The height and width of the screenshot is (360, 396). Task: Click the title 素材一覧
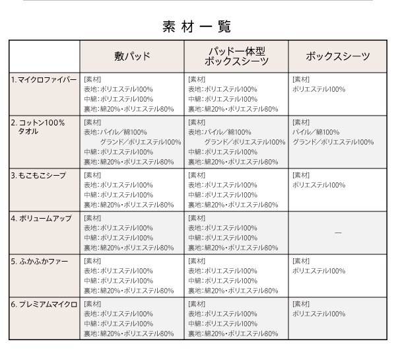click(197, 26)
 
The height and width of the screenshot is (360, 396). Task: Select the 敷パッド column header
click(132, 56)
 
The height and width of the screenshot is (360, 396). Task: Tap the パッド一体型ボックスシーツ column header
click(236, 56)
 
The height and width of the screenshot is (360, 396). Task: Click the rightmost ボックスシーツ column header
click(339, 56)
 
